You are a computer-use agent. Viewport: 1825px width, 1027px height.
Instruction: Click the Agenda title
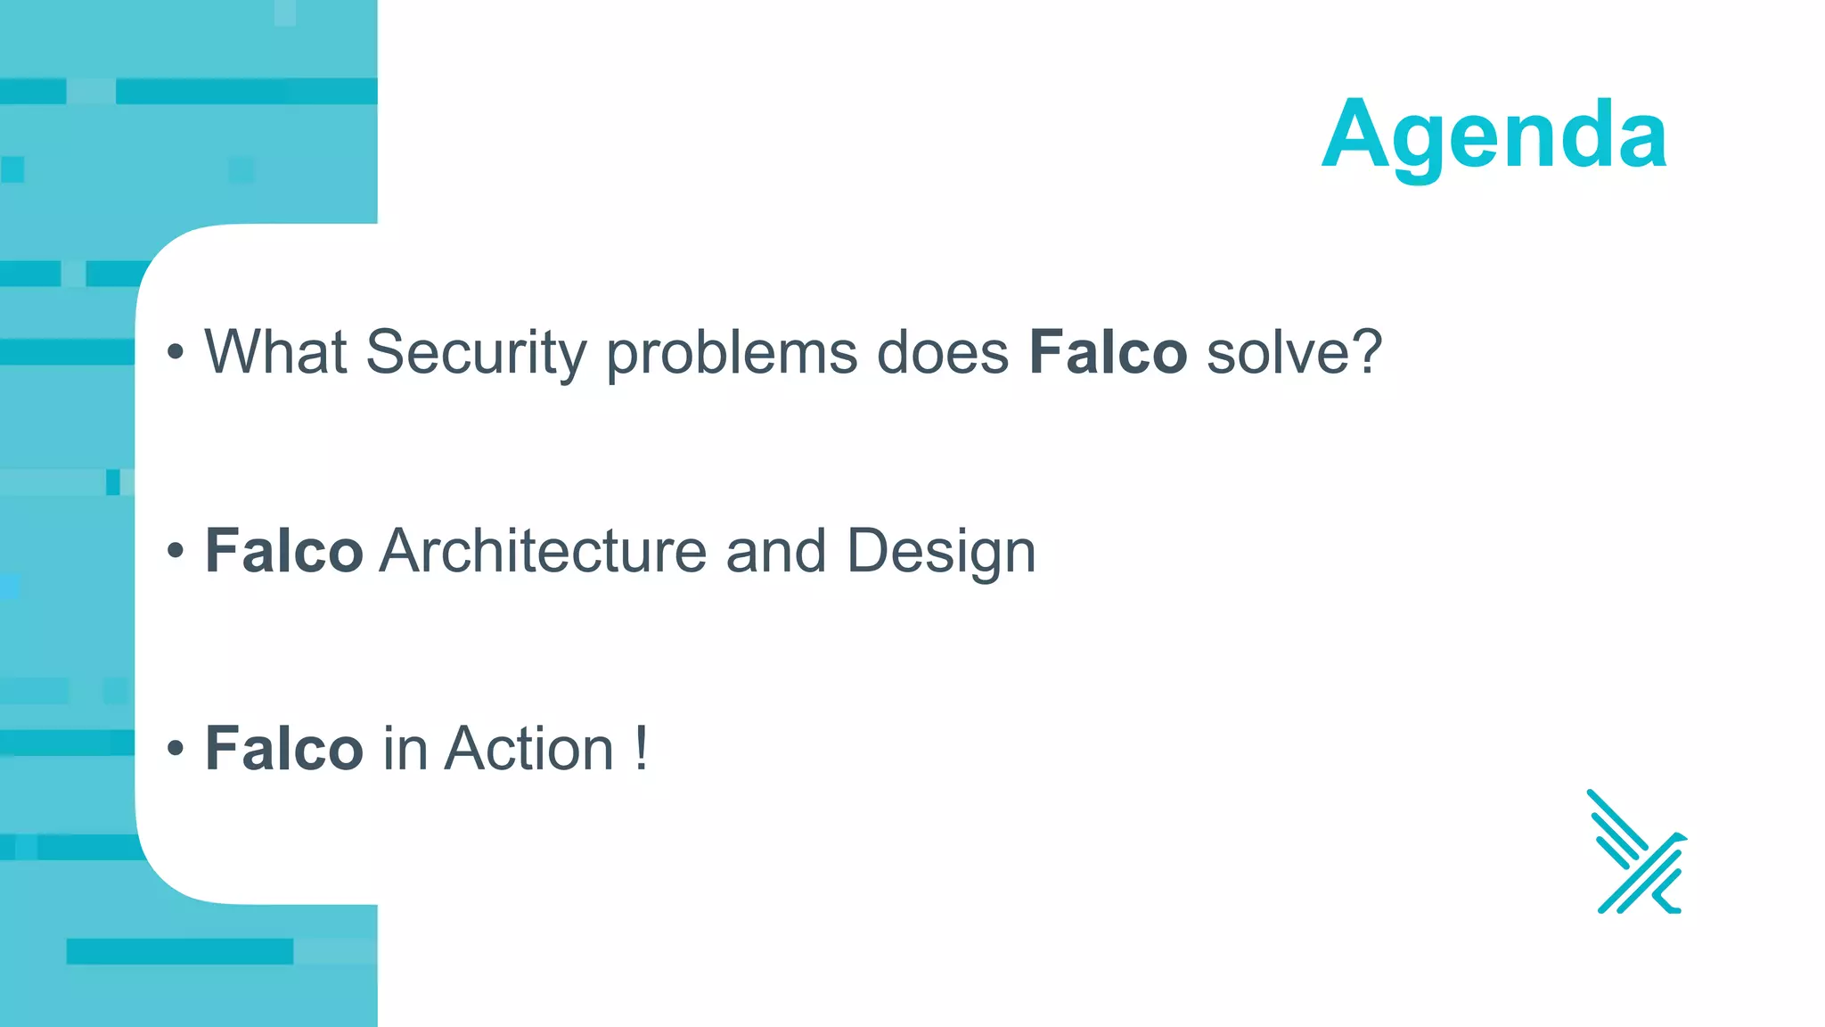1494,136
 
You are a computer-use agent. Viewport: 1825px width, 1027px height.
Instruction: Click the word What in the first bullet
275,352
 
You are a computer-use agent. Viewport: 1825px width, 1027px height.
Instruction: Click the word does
943,352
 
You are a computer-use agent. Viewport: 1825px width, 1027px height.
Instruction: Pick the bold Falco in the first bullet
1108,352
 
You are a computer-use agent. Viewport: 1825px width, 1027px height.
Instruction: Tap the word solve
1278,352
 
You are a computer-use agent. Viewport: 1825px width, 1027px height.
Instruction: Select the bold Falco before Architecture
283,551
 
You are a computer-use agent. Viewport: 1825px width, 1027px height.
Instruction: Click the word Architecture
543,551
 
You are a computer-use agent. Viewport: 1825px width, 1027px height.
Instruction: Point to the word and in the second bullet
775,551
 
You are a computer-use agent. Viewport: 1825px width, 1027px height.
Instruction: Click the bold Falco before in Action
283,749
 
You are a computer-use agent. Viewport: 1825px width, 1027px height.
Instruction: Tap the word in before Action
405,749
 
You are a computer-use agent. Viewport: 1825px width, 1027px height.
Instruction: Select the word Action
529,749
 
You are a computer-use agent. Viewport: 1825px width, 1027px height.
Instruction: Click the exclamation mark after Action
642,749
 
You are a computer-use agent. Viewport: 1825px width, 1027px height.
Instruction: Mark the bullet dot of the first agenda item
176,353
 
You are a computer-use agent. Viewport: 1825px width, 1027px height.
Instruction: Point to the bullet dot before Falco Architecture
176,552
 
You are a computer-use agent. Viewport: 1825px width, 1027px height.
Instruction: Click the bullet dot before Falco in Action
176,750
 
